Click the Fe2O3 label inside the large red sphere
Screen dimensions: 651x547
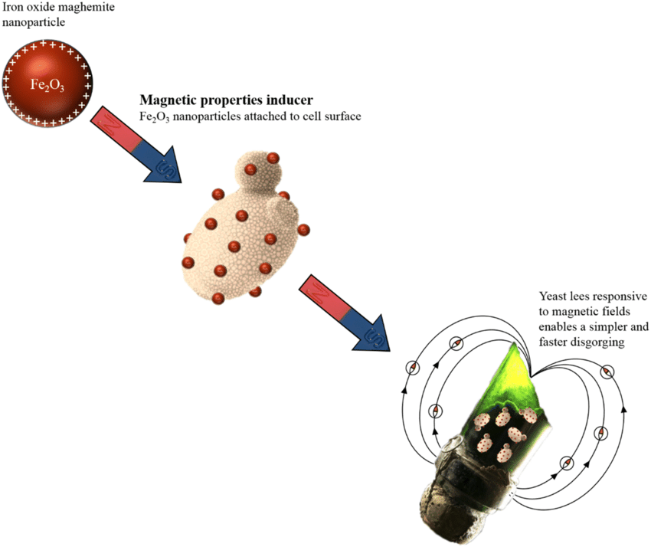pyautogui.click(x=47, y=86)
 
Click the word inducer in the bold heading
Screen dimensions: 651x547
pyautogui.click(x=290, y=100)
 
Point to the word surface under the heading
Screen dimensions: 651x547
pyautogui.click(x=343, y=116)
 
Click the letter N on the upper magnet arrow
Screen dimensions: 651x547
pyautogui.click(x=111, y=124)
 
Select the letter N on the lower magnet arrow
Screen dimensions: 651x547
pyautogui.click(x=319, y=292)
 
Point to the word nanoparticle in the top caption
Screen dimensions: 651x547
pyautogui.click(x=34, y=22)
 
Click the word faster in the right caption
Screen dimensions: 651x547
pyautogui.click(x=552, y=342)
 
